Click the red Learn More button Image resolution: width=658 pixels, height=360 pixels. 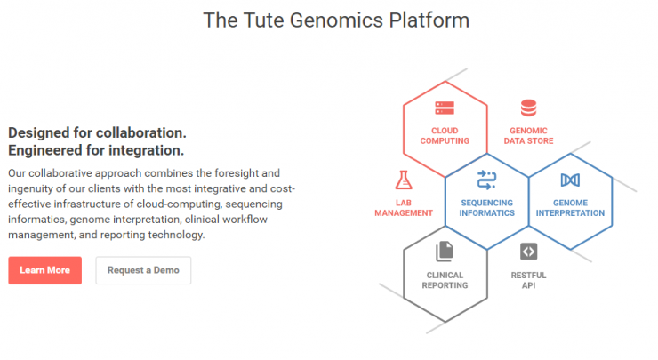click(x=44, y=270)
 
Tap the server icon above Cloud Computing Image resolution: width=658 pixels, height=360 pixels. click(x=445, y=108)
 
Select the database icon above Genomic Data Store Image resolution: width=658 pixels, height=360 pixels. click(x=528, y=108)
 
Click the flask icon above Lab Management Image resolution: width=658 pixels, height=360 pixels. click(x=404, y=180)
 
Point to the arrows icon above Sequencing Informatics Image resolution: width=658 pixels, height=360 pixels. click(x=486, y=180)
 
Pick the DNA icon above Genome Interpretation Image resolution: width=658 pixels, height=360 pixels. click(x=570, y=180)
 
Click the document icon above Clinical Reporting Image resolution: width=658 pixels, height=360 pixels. click(x=445, y=252)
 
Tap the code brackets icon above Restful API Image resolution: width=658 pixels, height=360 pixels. click(x=529, y=252)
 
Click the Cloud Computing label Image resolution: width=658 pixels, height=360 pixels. click(x=445, y=136)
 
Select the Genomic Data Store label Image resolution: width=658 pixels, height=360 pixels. click(x=529, y=136)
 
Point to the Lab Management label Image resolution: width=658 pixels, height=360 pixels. click(x=404, y=208)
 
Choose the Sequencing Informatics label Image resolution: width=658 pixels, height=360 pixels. click(x=486, y=208)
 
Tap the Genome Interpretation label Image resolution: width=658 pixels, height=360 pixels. click(x=570, y=208)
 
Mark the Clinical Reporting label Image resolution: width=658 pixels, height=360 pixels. click(x=445, y=280)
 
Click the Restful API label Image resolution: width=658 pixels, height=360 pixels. click(x=528, y=280)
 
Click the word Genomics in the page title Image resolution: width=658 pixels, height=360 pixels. click(x=336, y=20)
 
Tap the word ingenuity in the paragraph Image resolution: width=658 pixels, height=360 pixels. click(x=37, y=188)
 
